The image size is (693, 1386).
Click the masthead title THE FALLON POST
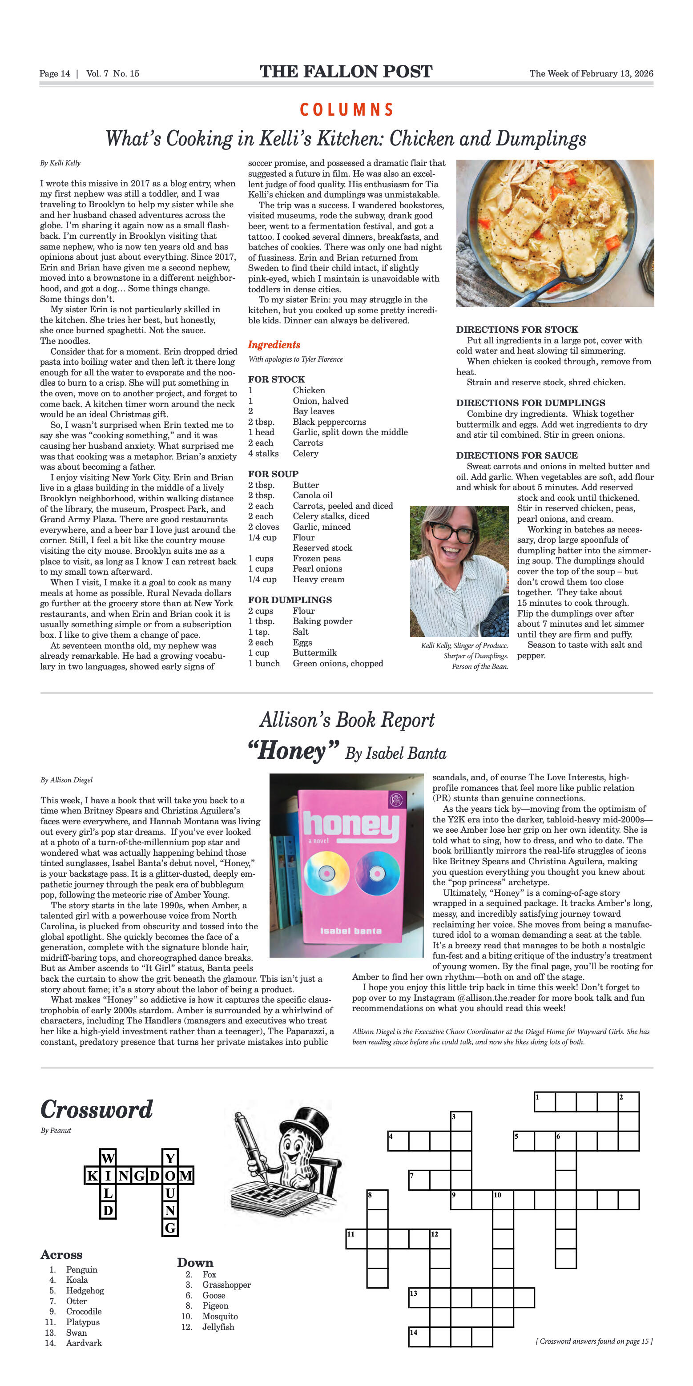tap(346, 72)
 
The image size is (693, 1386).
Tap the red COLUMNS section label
tap(346, 110)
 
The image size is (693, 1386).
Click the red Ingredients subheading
tap(274, 345)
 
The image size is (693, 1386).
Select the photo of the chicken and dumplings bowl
tap(555, 233)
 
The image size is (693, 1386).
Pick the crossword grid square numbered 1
tap(544, 1101)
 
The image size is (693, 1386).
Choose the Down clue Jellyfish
tap(218, 1327)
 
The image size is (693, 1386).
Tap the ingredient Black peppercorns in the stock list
tap(329, 422)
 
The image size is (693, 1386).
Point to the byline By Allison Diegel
tap(66, 780)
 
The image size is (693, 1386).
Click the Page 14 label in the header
tap(54, 74)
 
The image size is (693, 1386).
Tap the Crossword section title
tap(97, 1110)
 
